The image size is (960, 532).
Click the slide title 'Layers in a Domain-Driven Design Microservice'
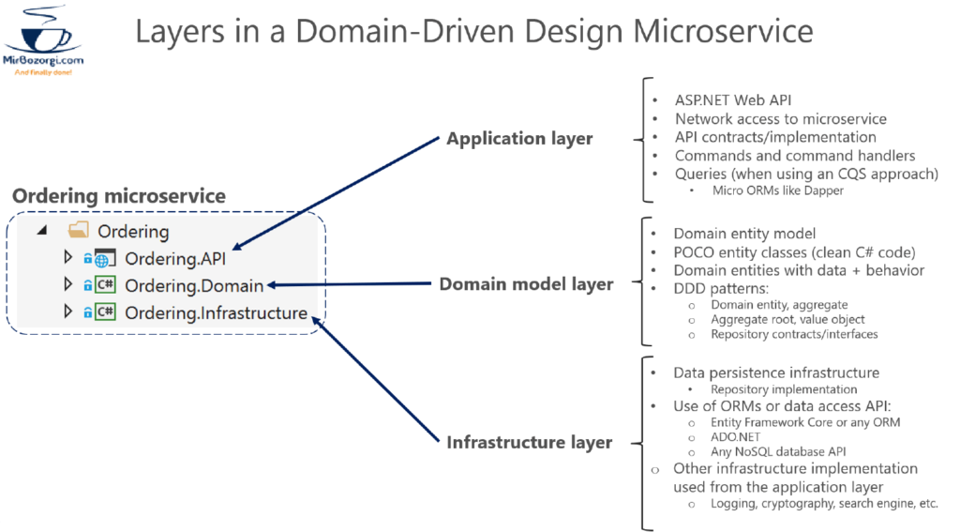point(473,31)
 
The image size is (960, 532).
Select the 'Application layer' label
point(519,139)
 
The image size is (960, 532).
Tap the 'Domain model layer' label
point(526,284)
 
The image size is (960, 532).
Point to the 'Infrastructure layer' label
point(529,442)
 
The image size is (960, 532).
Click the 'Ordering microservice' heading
point(119,196)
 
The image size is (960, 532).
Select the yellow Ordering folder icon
point(79,231)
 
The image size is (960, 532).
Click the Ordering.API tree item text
point(174,258)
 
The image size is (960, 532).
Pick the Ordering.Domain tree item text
point(194,285)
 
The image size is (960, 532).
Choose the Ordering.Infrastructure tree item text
point(216,312)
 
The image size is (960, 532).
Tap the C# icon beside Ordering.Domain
point(105,285)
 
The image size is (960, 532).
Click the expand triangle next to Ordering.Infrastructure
point(67,312)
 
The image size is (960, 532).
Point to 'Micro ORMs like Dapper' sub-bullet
point(777,191)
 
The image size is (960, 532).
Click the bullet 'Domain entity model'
point(744,234)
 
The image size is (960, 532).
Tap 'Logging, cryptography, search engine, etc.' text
point(824,503)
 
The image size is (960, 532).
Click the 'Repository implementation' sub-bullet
point(784,389)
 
